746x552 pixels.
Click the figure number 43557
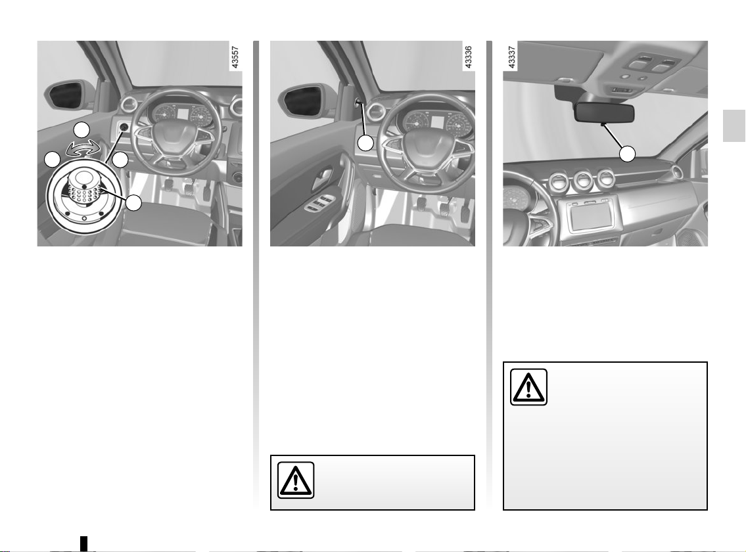[x=235, y=57]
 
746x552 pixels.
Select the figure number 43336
[x=468, y=57]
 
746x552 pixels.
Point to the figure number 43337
[x=511, y=57]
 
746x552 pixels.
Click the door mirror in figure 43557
[x=66, y=96]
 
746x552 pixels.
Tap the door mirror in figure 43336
[x=299, y=100]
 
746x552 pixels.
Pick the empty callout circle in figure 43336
[x=365, y=143]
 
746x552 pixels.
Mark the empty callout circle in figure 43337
[x=627, y=154]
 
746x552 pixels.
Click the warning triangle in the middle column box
[x=296, y=480]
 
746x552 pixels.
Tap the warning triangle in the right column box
[x=528, y=387]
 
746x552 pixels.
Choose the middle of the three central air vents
[x=582, y=180]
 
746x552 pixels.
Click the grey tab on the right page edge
[x=734, y=126]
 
